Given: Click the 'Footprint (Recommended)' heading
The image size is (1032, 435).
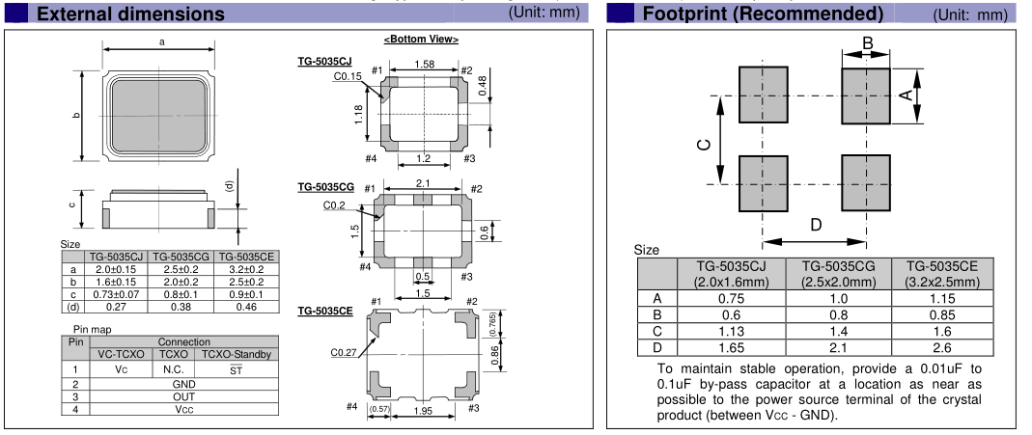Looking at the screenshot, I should tap(763, 14).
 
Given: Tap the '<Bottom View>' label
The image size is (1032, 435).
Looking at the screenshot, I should tap(421, 40).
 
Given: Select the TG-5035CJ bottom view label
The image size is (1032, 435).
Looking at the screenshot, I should tap(324, 63).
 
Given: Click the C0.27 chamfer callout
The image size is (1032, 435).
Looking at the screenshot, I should tap(344, 353).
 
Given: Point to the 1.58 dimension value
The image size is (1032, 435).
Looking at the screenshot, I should tap(423, 65).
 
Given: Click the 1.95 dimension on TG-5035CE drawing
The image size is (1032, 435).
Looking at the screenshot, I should tap(423, 412).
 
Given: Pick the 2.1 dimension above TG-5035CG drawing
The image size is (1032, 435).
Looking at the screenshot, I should tap(422, 183).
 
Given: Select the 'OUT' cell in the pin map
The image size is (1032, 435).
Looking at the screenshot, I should tap(183, 396).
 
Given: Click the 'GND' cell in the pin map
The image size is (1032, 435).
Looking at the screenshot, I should tap(183, 383).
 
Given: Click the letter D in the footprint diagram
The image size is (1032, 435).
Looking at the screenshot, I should tap(815, 226).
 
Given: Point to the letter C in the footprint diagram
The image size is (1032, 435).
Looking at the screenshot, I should tap(704, 145).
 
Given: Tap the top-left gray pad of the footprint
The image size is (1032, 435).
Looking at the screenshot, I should tap(764, 95).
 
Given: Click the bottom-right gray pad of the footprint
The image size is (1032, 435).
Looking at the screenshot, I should tap(865, 183).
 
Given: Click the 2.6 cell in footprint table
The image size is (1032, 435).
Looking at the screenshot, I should tap(943, 347).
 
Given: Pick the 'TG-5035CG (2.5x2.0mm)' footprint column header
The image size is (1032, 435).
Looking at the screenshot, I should tap(838, 274).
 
